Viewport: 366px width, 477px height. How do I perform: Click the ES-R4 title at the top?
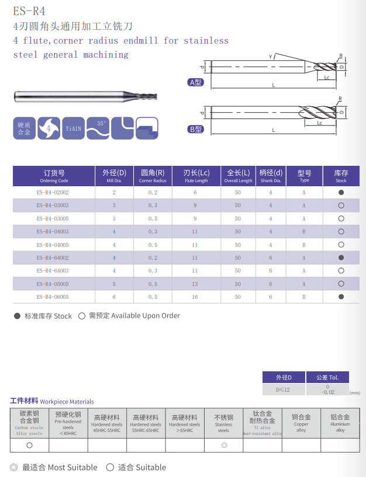click(x=29, y=11)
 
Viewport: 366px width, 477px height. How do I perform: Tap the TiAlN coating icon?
click(x=74, y=128)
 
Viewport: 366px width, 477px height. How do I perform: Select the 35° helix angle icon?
click(x=98, y=128)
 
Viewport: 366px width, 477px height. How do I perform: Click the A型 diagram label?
click(x=195, y=82)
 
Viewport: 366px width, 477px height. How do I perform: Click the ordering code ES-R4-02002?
click(x=53, y=192)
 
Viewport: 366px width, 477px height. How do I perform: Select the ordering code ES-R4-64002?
click(x=53, y=257)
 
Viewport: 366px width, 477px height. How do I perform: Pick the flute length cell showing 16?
click(x=195, y=297)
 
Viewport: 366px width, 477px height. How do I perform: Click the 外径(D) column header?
click(x=114, y=176)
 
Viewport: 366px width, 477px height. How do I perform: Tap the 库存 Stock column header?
click(x=341, y=176)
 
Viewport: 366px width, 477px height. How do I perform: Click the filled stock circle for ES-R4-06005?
click(x=341, y=297)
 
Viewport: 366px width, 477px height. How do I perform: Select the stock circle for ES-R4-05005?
click(x=341, y=284)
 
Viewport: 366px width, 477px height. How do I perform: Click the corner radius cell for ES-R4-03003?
click(x=153, y=206)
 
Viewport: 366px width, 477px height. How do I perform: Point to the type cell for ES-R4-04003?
click(x=304, y=232)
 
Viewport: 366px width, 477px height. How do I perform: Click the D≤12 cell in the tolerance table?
click(x=283, y=389)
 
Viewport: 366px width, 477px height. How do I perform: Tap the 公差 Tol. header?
click(x=327, y=377)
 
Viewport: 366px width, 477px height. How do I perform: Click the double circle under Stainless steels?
click(x=223, y=445)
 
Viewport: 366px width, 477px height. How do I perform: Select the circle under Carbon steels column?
click(x=29, y=445)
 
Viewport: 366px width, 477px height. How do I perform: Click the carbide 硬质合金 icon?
click(x=24, y=128)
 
